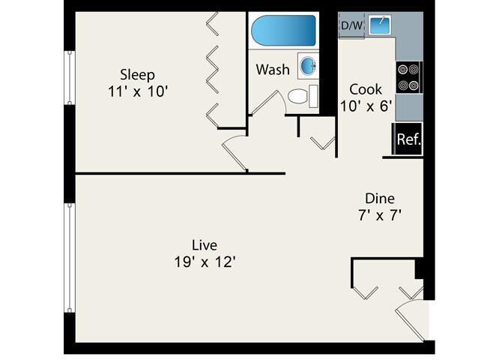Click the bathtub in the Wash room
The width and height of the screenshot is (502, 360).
[x=284, y=31]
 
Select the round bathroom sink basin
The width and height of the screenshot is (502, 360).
[x=308, y=66]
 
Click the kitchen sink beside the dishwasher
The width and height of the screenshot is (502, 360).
[x=379, y=25]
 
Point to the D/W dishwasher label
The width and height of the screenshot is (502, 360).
[x=351, y=25]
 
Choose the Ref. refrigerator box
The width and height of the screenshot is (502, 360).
[x=408, y=139]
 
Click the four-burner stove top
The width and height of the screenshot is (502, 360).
[x=409, y=77]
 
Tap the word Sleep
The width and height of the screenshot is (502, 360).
[x=137, y=75]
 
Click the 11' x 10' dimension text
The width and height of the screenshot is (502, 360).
[x=138, y=91]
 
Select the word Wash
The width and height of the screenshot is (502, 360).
[x=273, y=70]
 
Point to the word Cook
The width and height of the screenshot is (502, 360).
[x=366, y=89]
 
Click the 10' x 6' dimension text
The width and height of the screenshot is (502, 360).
[x=366, y=106]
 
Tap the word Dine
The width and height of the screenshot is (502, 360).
[x=380, y=199]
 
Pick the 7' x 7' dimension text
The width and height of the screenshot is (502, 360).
[x=380, y=215]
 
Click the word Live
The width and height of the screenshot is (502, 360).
[x=205, y=245]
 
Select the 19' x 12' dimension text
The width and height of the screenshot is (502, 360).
[x=205, y=262]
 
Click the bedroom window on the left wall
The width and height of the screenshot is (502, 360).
[x=70, y=77]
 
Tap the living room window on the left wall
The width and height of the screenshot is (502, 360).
[x=70, y=258]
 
